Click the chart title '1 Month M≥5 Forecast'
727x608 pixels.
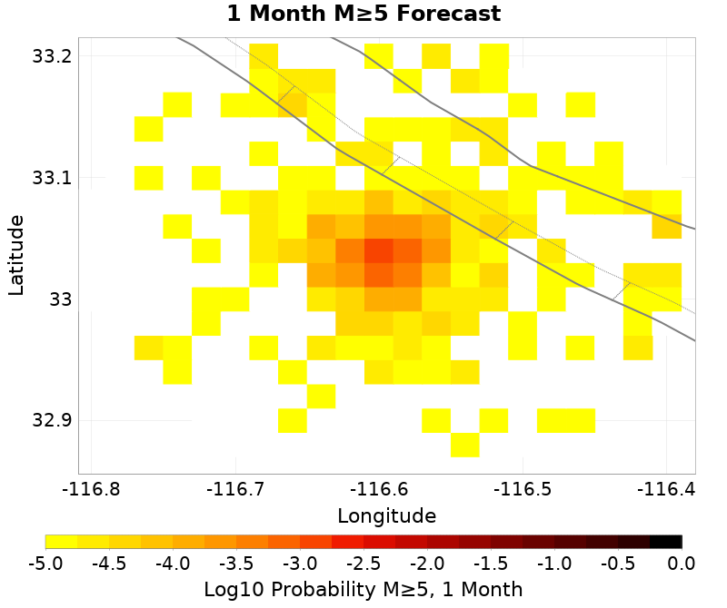(x=363, y=15)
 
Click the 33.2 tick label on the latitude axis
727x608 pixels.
(x=51, y=56)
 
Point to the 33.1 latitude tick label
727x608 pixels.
(x=51, y=178)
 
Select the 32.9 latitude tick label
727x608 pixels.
(x=51, y=421)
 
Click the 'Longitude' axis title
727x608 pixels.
(x=386, y=516)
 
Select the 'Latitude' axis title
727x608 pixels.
(x=16, y=255)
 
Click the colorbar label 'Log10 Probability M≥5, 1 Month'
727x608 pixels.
(x=363, y=589)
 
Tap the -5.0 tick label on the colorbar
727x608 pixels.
(x=45, y=564)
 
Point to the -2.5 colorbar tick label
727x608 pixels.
(x=363, y=564)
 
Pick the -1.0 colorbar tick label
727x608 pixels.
(x=554, y=564)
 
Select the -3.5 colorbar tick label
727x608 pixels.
(x=236, y=564)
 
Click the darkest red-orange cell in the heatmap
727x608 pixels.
(x=379, y=250)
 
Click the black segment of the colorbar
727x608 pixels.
(x=665, y=542)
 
